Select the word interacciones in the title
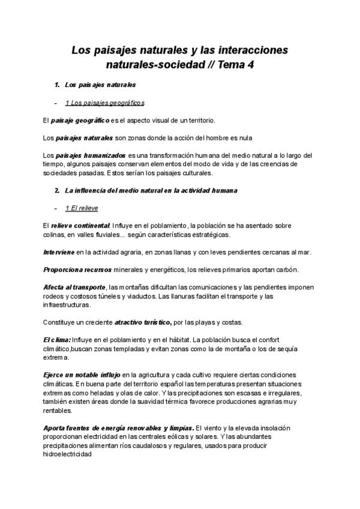pyautogui.click(x=253, y=49)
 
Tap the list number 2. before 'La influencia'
pyautogui.click(x=56, y=191)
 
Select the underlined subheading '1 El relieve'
pyautogui.click(x=82, y=208)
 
